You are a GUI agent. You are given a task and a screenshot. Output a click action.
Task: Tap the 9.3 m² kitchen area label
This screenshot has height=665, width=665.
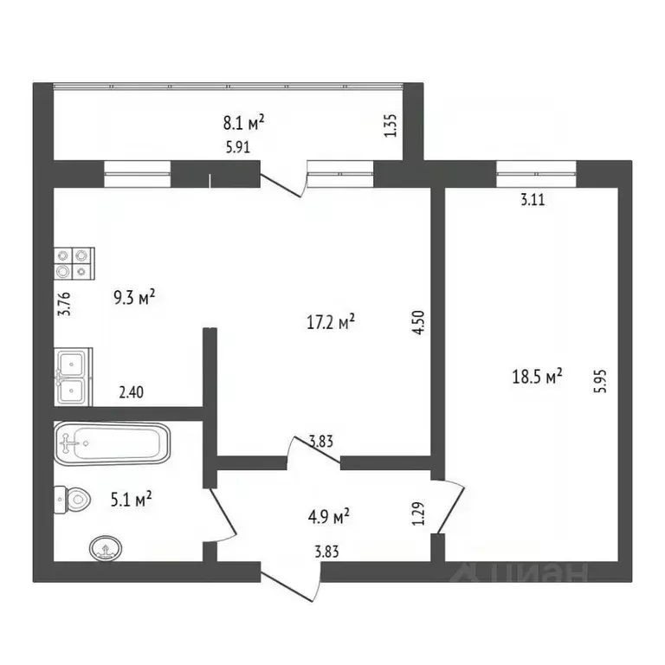[x=134, y=299]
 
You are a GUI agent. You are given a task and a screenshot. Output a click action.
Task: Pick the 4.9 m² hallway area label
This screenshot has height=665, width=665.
[x=328, y=517]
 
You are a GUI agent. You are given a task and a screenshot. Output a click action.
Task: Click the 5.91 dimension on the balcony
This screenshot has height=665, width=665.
[x=237, y=146]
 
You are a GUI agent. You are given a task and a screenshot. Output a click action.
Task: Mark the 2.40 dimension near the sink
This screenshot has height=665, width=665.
[x=131, y=392]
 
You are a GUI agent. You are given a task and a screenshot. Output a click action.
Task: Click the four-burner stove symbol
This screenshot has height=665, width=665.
[x=73, y=262]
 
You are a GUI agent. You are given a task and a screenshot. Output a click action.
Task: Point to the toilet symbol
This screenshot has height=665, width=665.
[x=73, y=499]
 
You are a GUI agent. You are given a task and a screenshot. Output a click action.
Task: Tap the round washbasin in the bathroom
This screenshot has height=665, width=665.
[x=105, y=547]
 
